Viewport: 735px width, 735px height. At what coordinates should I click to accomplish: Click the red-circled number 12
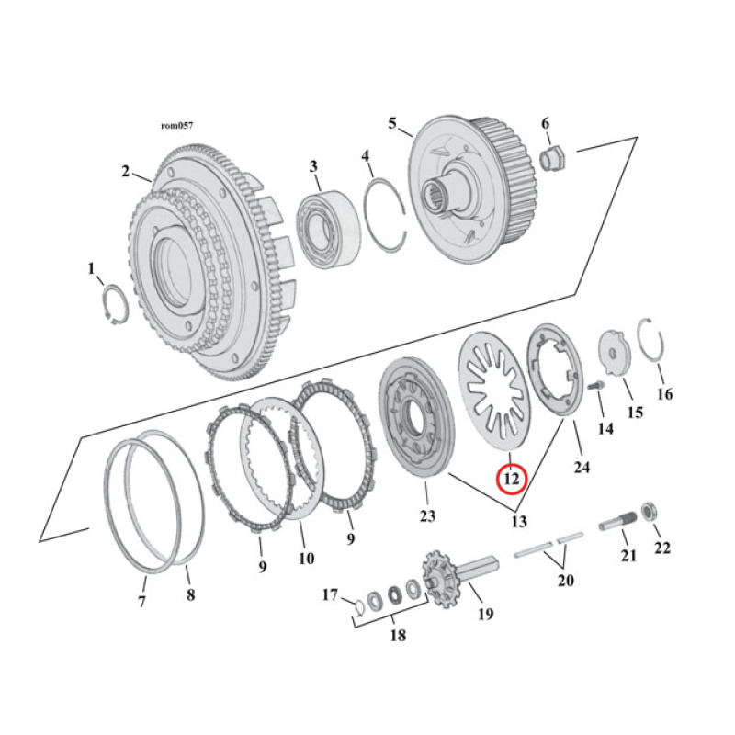pyautogui.click(x=511, y=479)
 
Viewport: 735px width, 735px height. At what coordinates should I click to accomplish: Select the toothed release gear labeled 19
pyautogui.click(x=443, y=579)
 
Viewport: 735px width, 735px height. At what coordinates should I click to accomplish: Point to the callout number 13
pyautogui.click(x=519, y=522)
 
